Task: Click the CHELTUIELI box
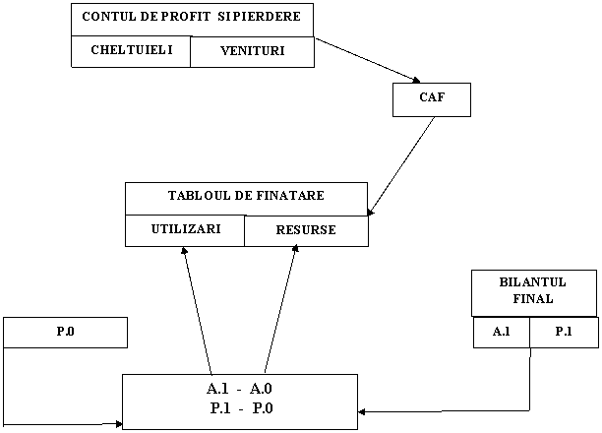pyautogui.click(x=131, y=50)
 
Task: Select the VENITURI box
pyautogui.click(x=252, y=51)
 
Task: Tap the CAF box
pyautogui.click(x=431, y=99)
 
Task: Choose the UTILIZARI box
pyautogui.click(x=185, y=229)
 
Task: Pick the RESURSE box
pyautogui.click(x=306, y=230)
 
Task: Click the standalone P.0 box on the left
pyautogui.click(x=65, y=332)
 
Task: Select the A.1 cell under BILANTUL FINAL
pyautogui.click(x=501, y=332)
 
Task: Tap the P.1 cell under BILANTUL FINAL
pyautogui.click(x=563, y=332)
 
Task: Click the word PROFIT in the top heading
pyautogui.click(x=183, y=18)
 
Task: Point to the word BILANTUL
pyautogui.click(x=533, y=282)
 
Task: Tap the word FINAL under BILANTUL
pyautogui.click(x=533, y=298)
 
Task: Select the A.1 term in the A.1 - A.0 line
pyautogui.click(x=219, y=389)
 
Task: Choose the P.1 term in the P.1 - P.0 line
pyautogui.click(x=220, y=408)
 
